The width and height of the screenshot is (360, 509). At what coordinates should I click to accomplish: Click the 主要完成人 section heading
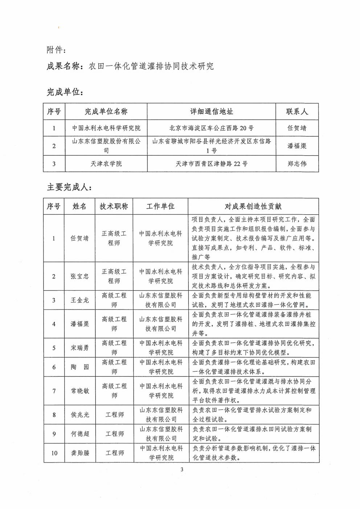pos(69,187)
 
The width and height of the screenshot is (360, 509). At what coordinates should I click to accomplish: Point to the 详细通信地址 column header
pos(212,111)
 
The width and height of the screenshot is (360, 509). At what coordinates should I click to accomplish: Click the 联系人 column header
pos(297,111)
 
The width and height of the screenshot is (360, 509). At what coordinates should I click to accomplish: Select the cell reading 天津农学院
pos(106,164)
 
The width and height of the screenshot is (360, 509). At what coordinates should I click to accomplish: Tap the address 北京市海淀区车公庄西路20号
pos(212,128)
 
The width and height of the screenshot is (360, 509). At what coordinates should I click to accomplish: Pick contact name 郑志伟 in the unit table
pos(297,164)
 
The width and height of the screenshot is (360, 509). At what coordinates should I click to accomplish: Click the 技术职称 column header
pos(114,206)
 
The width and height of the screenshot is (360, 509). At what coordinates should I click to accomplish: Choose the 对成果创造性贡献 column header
pos(253,206)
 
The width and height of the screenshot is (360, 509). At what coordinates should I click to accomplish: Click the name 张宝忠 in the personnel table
pos(79,276)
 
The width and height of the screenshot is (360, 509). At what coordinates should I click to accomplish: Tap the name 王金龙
pos(79,300)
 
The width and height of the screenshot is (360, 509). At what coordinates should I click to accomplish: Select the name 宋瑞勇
pos(79,348)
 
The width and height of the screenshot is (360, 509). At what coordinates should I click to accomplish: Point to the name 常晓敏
pos(79,391)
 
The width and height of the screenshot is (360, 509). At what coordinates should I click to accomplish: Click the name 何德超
pos(79,434)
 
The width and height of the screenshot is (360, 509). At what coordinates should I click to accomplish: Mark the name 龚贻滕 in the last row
pos(79,453)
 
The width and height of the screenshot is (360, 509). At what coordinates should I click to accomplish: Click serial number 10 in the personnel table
pos(54,453)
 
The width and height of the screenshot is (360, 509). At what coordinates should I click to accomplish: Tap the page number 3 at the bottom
pos(182,470)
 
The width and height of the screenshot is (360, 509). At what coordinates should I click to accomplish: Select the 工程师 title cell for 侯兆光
pos(114,414)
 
